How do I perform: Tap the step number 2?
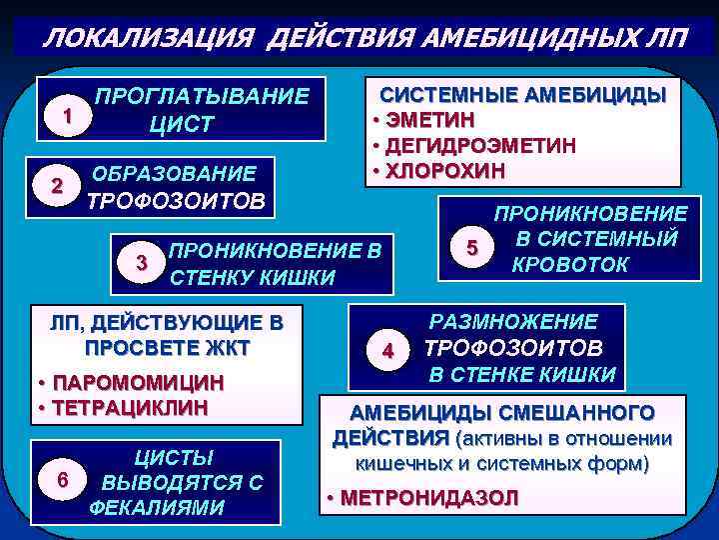[x=57, y=186]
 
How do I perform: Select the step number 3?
[x=143, y=263]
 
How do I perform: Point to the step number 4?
[x=389, y=351]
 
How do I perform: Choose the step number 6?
[x=63, y=480]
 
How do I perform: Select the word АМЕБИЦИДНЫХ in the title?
[x=523, y=38]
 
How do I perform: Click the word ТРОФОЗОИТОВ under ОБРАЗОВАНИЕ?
[x=178, y=201]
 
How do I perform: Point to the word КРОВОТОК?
[x=570, y=265]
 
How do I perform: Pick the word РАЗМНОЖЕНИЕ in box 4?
[x=513, y=322]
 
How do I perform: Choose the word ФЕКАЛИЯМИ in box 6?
[x=157, y=507]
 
